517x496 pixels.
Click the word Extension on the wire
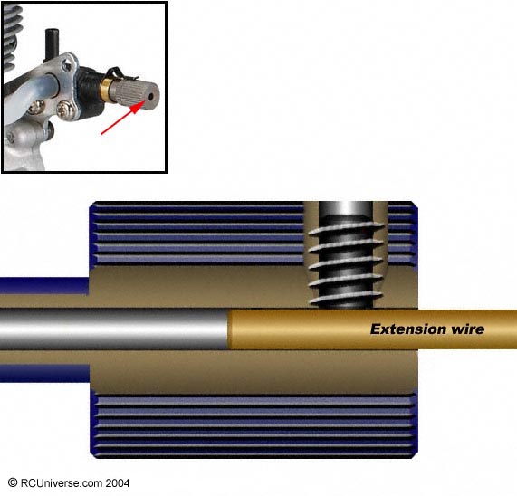click(407, 329)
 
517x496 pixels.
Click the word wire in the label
click(467, 329)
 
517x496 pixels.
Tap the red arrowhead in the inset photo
click(138, 107)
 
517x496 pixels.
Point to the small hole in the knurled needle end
click(151, 97)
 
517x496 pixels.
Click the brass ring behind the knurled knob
click(106, 90)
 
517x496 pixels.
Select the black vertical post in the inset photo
click(53, 45)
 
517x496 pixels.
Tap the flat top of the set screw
click(346, 208)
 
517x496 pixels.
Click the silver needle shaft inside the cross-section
click(114, 329)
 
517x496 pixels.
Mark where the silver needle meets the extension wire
click(228, 329)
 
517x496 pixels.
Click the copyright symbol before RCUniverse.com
click(13, 482)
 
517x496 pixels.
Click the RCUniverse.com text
click(62, 482)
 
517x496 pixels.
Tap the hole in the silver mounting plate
click(67, 66)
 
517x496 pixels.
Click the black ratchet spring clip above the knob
click(122, 74)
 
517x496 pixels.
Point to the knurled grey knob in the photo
click(133, 93)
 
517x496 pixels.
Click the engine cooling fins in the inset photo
click(11, 36)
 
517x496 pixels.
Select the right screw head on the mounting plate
click(63, 110)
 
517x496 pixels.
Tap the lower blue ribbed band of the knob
click(254, 425)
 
